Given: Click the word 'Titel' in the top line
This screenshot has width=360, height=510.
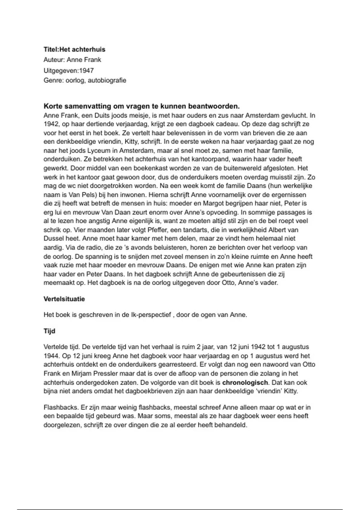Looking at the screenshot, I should pos(51,49).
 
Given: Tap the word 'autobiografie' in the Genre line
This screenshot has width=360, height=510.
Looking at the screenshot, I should pos(107,80).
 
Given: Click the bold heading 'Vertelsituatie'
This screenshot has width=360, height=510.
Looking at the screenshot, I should pos(64,299).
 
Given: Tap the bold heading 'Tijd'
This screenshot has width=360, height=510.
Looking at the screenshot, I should pos(49,331).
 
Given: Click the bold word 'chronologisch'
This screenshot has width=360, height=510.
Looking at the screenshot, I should pos(245,382).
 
